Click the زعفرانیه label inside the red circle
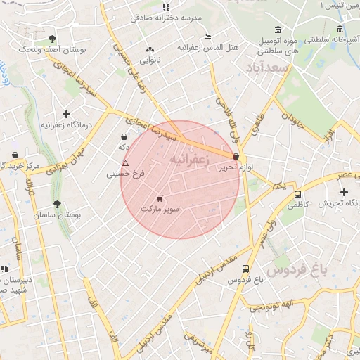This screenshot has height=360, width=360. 190,160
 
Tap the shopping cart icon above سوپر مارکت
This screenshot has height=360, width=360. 160,199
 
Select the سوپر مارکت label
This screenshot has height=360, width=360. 160,209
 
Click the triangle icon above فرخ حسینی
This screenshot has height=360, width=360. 125,163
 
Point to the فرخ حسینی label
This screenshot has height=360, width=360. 125,173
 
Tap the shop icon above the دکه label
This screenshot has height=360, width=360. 124,136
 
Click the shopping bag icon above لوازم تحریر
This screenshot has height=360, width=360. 236,157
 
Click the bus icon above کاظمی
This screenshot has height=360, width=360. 297,194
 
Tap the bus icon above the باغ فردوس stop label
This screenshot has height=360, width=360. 245,269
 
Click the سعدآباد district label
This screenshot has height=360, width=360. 268,68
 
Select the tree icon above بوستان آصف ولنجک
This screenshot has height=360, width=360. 52,39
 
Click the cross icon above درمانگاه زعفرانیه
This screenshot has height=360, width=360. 66,114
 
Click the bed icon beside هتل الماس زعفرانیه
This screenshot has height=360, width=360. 207,37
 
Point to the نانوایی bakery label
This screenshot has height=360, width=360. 149,60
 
